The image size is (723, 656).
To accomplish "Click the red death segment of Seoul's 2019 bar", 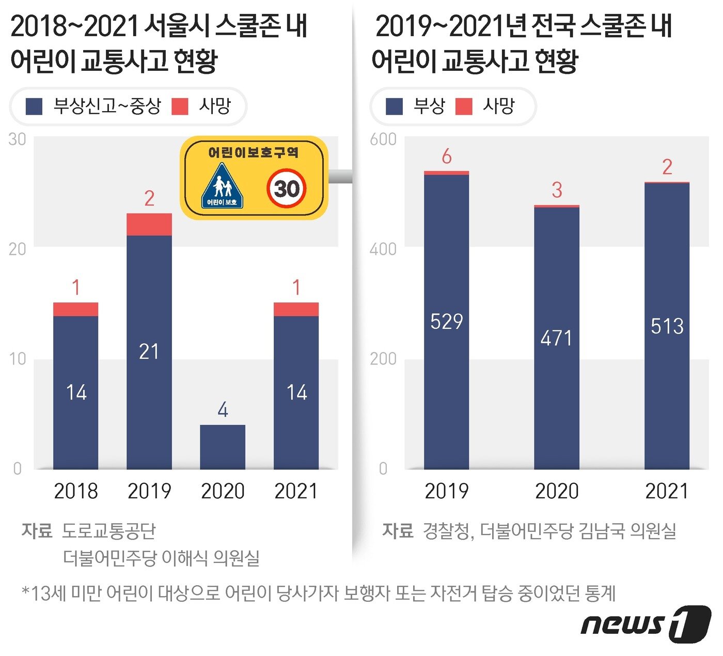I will click(149, 224).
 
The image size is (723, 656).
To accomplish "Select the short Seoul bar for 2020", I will click(223, 447).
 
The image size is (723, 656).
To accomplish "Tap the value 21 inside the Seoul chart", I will click(149, 352).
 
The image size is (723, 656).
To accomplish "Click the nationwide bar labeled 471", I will click(557, 339).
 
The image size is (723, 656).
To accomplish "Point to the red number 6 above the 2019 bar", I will click(447, 156).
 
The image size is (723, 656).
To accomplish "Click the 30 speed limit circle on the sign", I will click(287, 189).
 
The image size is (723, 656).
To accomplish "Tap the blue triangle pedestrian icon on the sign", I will click(222, 186).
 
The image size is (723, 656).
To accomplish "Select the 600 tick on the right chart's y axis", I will click(383, 139).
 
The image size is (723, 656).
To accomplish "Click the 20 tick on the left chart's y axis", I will click(17, 249).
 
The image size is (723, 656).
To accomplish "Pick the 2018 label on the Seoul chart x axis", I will click(76, 491).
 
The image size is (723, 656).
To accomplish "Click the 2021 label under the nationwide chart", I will click(667, 491).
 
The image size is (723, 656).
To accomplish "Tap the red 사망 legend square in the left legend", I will click(180, 106).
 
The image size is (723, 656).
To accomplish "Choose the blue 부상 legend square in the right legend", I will click(395, 106).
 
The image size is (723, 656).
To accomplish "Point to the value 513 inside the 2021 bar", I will click(667, 326).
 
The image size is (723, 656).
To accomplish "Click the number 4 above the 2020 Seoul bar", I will click(223, 410).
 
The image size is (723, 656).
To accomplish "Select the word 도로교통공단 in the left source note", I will click(108, 531).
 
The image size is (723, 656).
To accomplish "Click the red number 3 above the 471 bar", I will click(557, 190).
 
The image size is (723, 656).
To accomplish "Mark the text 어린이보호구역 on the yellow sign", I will click(254, 152).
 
